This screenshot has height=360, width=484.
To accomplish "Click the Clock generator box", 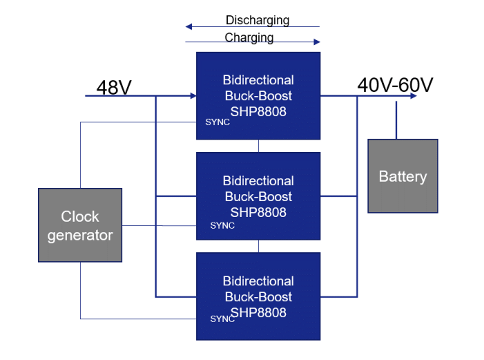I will [79, 225].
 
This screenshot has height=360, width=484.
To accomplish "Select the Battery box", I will [403, 176].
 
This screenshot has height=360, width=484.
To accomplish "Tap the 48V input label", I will [114, 88].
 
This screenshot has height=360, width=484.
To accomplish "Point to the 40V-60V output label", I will [395, 85].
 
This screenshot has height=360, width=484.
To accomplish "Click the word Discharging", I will [257, 20].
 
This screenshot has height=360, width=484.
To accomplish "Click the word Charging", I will [249, 37].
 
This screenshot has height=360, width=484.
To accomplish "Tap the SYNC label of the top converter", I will [217, 122].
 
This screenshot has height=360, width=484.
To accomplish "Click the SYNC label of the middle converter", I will [222, 225].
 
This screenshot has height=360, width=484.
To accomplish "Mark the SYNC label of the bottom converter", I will [222, 319].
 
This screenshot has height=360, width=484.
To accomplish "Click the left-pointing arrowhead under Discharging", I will [188, 27].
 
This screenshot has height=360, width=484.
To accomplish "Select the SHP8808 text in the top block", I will [258, 111].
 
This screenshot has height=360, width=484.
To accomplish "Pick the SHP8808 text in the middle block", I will [258, 212].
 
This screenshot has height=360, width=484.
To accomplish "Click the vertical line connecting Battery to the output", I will [396, 120].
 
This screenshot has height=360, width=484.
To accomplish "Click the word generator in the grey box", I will [79, 235].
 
